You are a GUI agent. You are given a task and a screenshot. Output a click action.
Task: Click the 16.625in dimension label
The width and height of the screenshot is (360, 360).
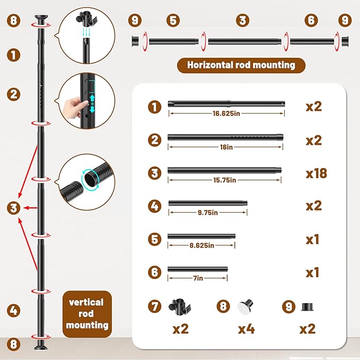[x=226, y=113]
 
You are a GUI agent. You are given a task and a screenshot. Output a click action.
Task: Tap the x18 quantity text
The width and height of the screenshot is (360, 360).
[x=317, y=173]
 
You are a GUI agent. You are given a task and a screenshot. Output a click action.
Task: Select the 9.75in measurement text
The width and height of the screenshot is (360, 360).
[x=208, y=213]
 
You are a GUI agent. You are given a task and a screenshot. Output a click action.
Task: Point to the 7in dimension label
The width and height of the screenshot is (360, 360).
[x=198, y=278]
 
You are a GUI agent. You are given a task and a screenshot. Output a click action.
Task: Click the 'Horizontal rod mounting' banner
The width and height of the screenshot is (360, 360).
[x=241, y=65]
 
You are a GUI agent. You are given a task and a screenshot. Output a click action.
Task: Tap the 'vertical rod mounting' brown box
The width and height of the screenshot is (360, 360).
[x=87, y=314]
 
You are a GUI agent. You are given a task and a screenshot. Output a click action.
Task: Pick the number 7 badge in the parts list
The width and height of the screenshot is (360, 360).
[x=154, y=306]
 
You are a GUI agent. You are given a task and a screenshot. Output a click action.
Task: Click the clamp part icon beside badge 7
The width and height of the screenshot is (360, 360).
[x=179, y=307]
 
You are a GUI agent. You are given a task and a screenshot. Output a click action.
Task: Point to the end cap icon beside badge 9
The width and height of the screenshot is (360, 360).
[x=308, y=307]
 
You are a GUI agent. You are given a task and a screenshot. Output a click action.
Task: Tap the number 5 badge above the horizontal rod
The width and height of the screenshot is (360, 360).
[x=173, y=21]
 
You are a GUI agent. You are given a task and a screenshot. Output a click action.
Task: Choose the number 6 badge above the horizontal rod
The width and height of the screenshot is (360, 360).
[x=311, y=20]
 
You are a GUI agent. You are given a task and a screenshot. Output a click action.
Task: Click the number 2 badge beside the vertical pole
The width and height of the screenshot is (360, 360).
[x=14, y=94]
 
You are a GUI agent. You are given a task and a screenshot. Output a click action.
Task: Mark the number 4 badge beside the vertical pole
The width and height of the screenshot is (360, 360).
[x=14, y=310]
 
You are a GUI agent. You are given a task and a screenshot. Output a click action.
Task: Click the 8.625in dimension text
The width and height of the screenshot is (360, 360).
[x=202, y=245]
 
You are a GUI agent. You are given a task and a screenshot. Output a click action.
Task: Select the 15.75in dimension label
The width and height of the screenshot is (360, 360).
[x=225, y=180]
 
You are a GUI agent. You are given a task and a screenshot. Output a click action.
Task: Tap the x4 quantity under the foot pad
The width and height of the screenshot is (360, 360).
[x=247, y=329]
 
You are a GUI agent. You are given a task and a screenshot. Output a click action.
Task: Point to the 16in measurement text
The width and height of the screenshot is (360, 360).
[x=226, y=147]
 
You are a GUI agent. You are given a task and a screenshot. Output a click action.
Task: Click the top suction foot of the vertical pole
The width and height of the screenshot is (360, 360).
[x=41, y=19]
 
